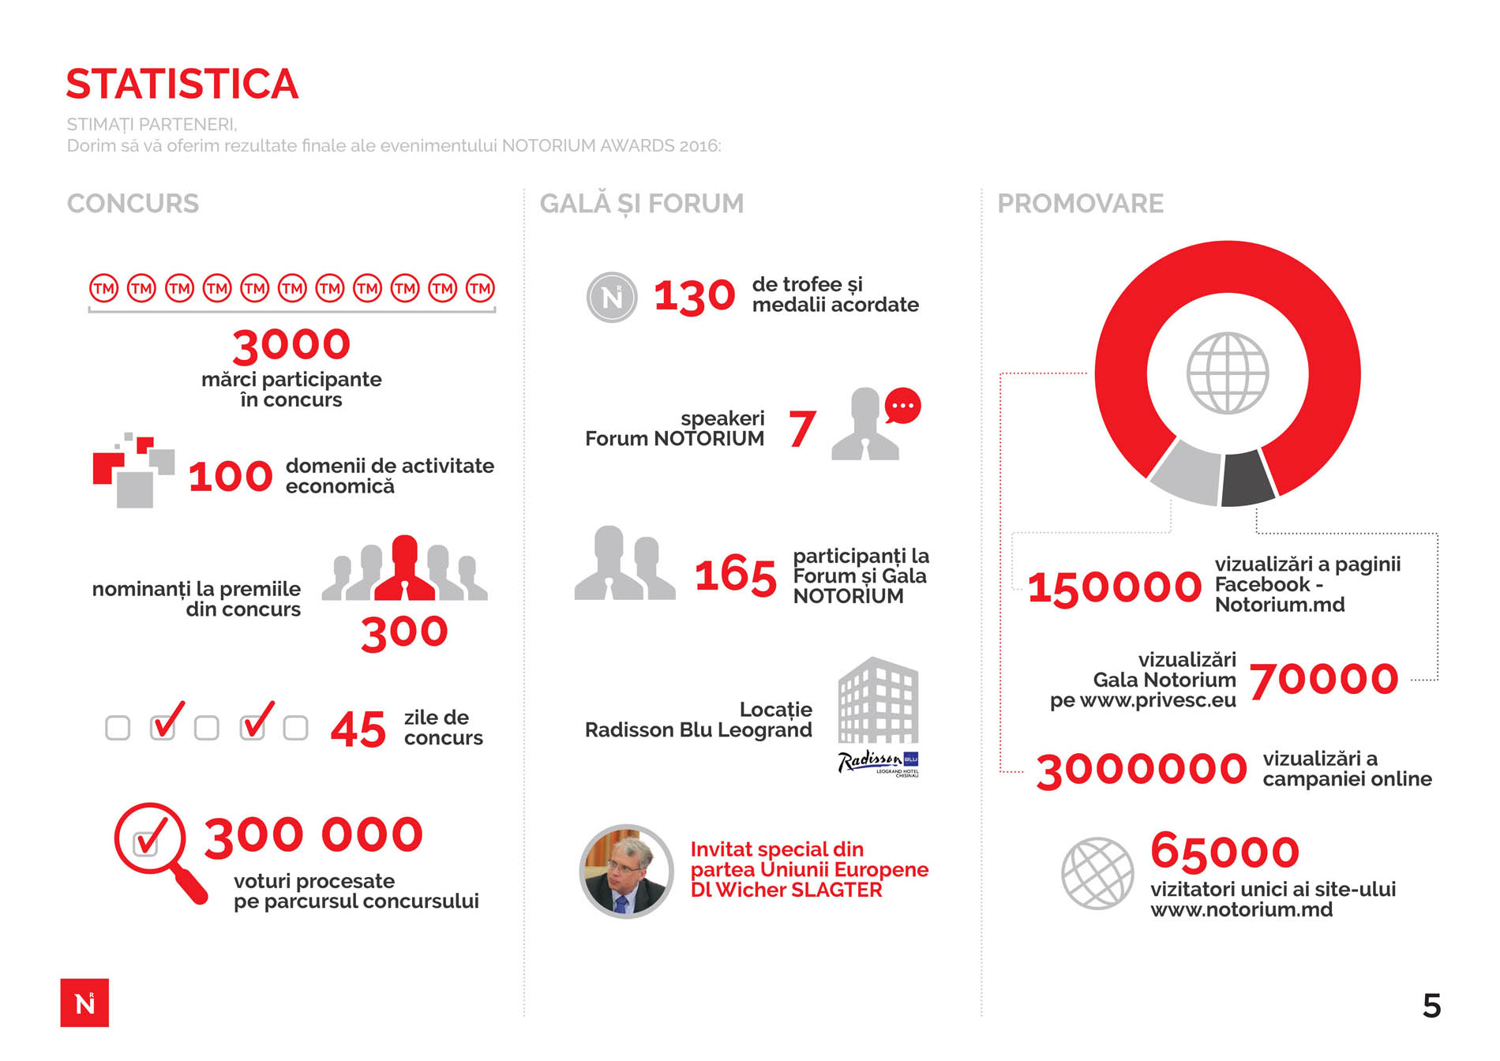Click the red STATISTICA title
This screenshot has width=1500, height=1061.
[x=182, y=84]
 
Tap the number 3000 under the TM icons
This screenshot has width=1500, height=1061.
[x=291, y=345]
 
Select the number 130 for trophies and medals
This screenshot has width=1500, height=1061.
[x=694, y=297]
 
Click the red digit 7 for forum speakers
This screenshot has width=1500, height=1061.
[x=801, y=429]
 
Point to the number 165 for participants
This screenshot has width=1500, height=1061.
[x=735, y=575]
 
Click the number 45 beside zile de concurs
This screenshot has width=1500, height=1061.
[x=358, y=729]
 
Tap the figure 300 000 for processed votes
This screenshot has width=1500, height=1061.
[x=313, y=835]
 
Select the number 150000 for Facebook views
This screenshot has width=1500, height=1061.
[x=1114, y=587]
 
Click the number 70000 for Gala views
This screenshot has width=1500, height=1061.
[x=1323, y=680]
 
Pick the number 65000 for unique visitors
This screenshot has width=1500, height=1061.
[x=1224, y=851]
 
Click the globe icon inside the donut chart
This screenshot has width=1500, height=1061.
[x=1228, y=373]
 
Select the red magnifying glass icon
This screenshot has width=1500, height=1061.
[x=158, y=849]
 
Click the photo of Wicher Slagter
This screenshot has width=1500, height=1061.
[x=626, y=872]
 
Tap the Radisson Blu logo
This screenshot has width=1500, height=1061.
[x=878, y=762]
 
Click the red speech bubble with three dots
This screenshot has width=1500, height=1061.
[x=902, y=406]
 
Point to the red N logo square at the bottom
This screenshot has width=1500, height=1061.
[x=84, y=1003]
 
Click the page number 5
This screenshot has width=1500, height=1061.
[x=1431, y=1006]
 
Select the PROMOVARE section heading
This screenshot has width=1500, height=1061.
[x=1080, y=204]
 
